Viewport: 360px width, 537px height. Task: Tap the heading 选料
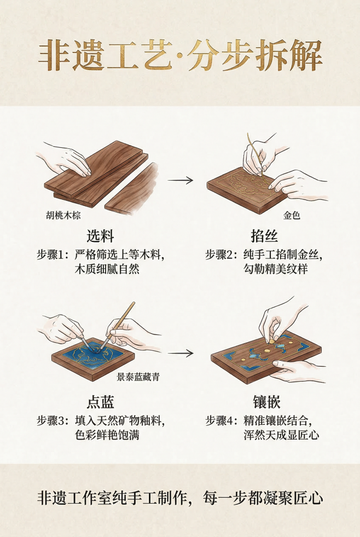pos(100,236)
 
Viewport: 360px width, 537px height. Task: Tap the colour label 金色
pos(291,215)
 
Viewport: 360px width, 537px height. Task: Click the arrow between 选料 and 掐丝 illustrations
pos(180,180)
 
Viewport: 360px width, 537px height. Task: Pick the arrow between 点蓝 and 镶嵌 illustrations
pos(180,353)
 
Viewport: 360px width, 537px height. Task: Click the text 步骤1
pos(51,255)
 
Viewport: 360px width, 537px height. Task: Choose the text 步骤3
pos(51,421)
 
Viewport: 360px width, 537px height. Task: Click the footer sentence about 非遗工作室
pos(180,499)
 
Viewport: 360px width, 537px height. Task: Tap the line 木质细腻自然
pos(107,270)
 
